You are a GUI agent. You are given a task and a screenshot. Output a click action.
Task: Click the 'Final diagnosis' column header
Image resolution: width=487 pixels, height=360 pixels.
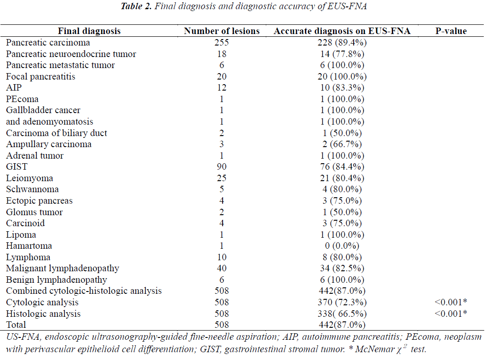(89, 31)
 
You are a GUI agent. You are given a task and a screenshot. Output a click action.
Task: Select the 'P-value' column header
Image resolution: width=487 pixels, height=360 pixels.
(451, 31)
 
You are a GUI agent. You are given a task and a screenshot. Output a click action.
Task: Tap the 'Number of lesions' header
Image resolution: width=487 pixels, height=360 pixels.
(222, 31)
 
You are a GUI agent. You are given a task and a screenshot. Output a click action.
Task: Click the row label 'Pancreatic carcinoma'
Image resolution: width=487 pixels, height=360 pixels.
(48, 43)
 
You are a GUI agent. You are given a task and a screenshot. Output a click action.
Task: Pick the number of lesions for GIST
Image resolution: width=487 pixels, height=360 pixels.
(222, 167)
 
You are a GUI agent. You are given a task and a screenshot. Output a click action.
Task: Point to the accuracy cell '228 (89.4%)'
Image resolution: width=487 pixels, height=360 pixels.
(342, 43)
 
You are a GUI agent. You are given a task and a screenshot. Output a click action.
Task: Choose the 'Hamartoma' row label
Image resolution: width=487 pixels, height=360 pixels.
(29, 246)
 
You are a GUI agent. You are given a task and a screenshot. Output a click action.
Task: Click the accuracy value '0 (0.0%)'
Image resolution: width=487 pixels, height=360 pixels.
(342, 246)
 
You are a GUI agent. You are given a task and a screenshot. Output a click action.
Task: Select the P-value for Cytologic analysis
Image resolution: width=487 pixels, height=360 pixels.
(451, 302)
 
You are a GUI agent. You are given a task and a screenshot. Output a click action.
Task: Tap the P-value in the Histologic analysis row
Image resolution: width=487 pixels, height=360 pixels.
(451, 314)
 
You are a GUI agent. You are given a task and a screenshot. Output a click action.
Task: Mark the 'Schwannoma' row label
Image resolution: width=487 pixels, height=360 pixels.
(32, 189)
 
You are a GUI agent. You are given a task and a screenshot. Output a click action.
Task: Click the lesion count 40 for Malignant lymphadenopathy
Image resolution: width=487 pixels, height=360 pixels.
(222, 269)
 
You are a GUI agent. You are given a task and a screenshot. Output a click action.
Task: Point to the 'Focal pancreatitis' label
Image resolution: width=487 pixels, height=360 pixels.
(40, 77)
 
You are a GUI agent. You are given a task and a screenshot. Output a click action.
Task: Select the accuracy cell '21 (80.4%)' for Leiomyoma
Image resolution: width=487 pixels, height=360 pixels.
(342, 178)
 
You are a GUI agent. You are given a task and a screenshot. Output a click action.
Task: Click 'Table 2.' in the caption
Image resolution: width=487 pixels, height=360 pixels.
(136, 6)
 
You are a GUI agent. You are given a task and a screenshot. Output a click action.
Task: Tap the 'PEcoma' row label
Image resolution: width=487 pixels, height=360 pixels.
(22, 99)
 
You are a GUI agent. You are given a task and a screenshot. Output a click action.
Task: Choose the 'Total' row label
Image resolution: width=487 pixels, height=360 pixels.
(16, 325)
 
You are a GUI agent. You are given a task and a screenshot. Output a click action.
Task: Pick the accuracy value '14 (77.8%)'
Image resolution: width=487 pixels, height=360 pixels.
(342, 54)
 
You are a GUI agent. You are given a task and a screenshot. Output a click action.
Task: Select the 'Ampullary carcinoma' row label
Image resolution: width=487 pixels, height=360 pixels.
(49, 144)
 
